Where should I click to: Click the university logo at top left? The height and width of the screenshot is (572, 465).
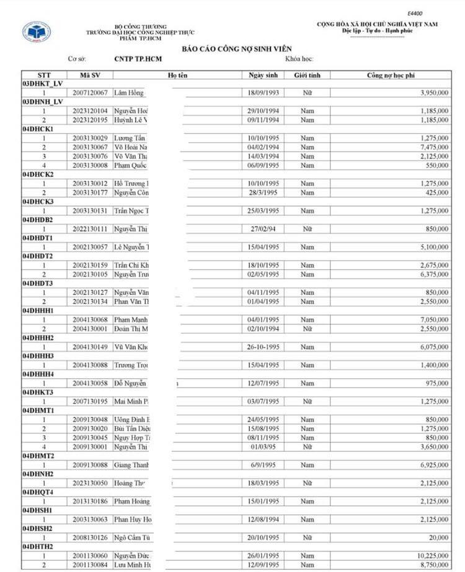[x=37, y=31]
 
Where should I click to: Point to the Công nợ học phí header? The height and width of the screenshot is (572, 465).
[x=390, y=75]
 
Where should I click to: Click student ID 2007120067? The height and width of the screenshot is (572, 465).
[x=90, y=93]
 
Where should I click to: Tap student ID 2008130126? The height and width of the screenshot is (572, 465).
[x=90, y=538]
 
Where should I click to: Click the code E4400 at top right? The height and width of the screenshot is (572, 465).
[x=415, y=13]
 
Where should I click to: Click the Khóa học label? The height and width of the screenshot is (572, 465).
[x=299, y=59]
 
